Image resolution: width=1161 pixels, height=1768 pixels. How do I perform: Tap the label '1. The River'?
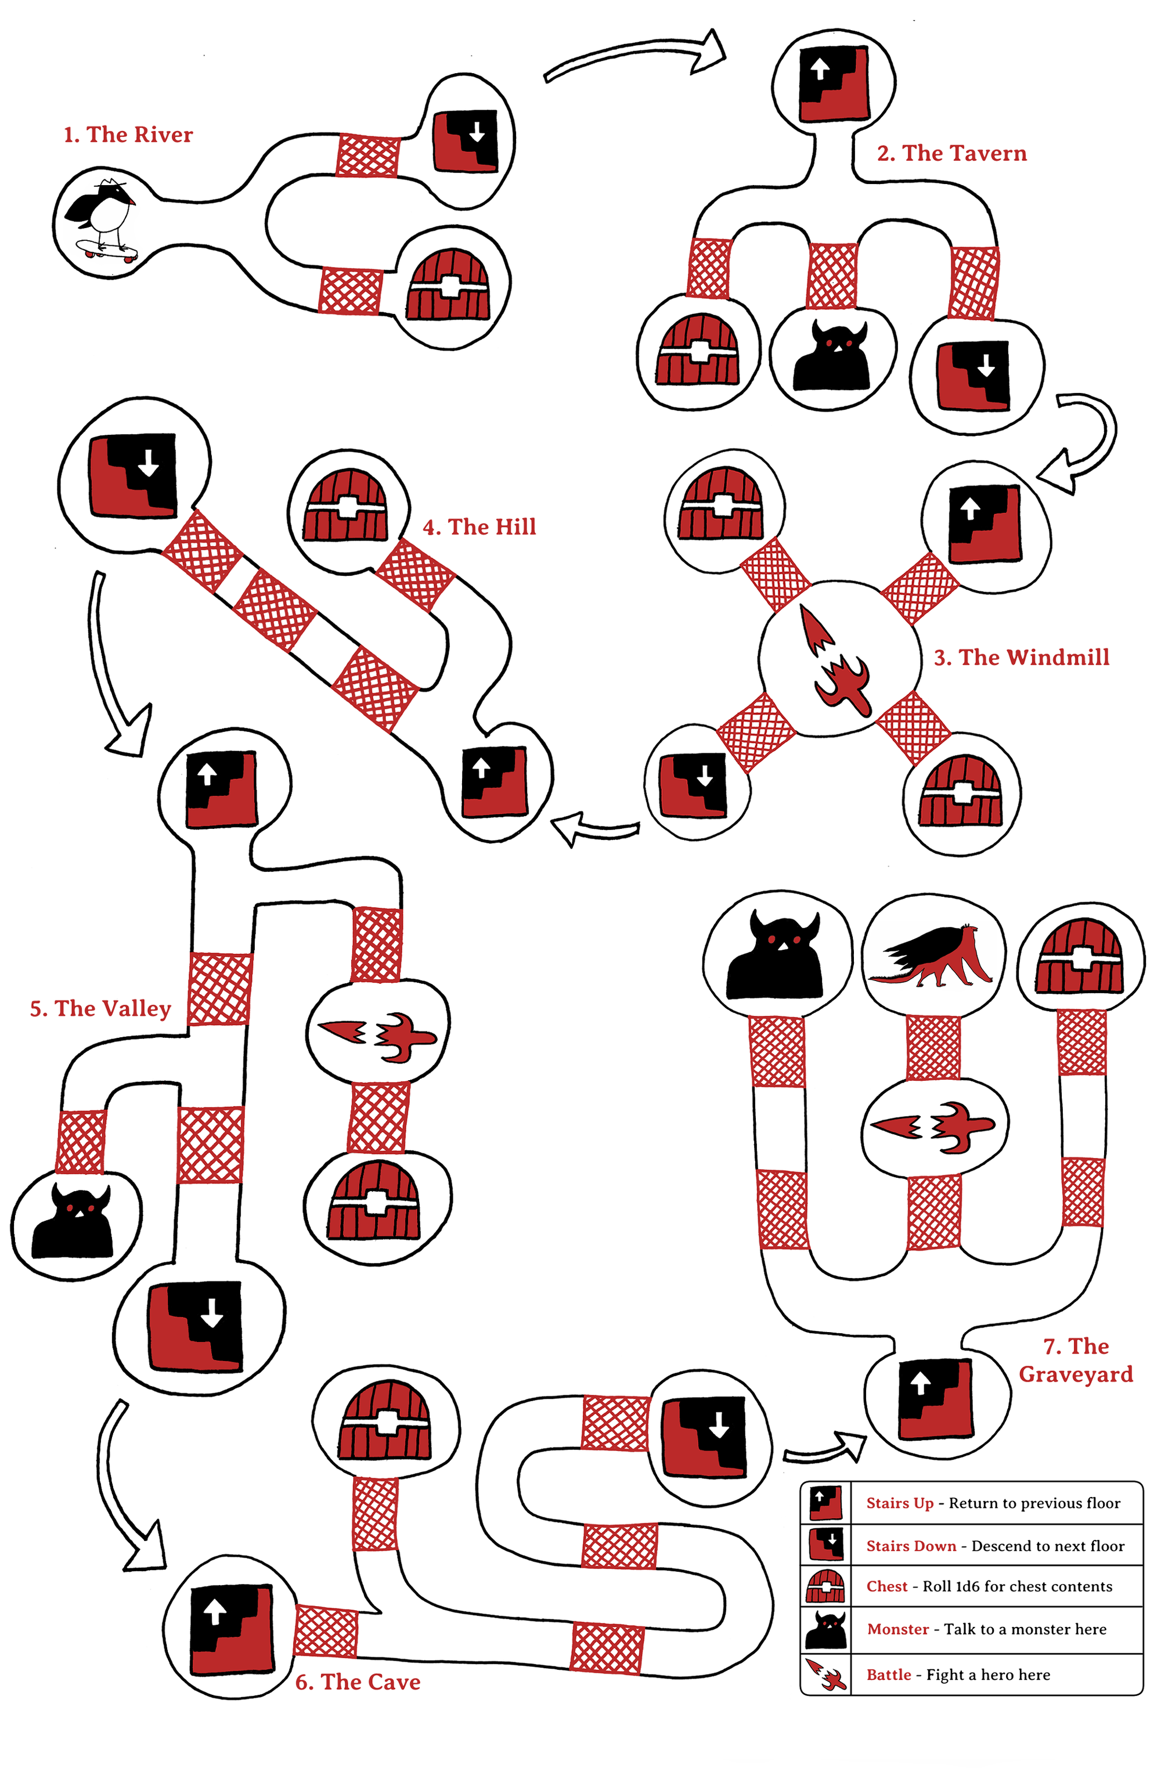(128, 135)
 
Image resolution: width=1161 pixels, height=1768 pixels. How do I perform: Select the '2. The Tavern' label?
(951, 153)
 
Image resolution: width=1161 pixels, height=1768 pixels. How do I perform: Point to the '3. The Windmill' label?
(1021, 658)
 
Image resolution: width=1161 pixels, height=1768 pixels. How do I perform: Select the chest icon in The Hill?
(345, 505)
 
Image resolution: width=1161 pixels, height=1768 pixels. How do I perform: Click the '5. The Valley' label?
(100, 1008)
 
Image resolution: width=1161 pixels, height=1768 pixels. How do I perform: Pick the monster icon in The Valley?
(72, 1221)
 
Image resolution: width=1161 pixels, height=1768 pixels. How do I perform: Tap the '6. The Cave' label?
(358, 1682)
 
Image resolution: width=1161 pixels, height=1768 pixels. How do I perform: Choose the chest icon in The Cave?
(385, 1420)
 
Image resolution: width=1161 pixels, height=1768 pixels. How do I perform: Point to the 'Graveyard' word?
(1076, 1374)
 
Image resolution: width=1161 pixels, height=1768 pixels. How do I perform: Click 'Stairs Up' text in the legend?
(900, 1503)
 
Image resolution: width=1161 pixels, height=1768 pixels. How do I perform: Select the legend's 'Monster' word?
(897, 1629)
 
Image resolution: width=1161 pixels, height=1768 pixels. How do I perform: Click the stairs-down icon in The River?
(465, 141)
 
